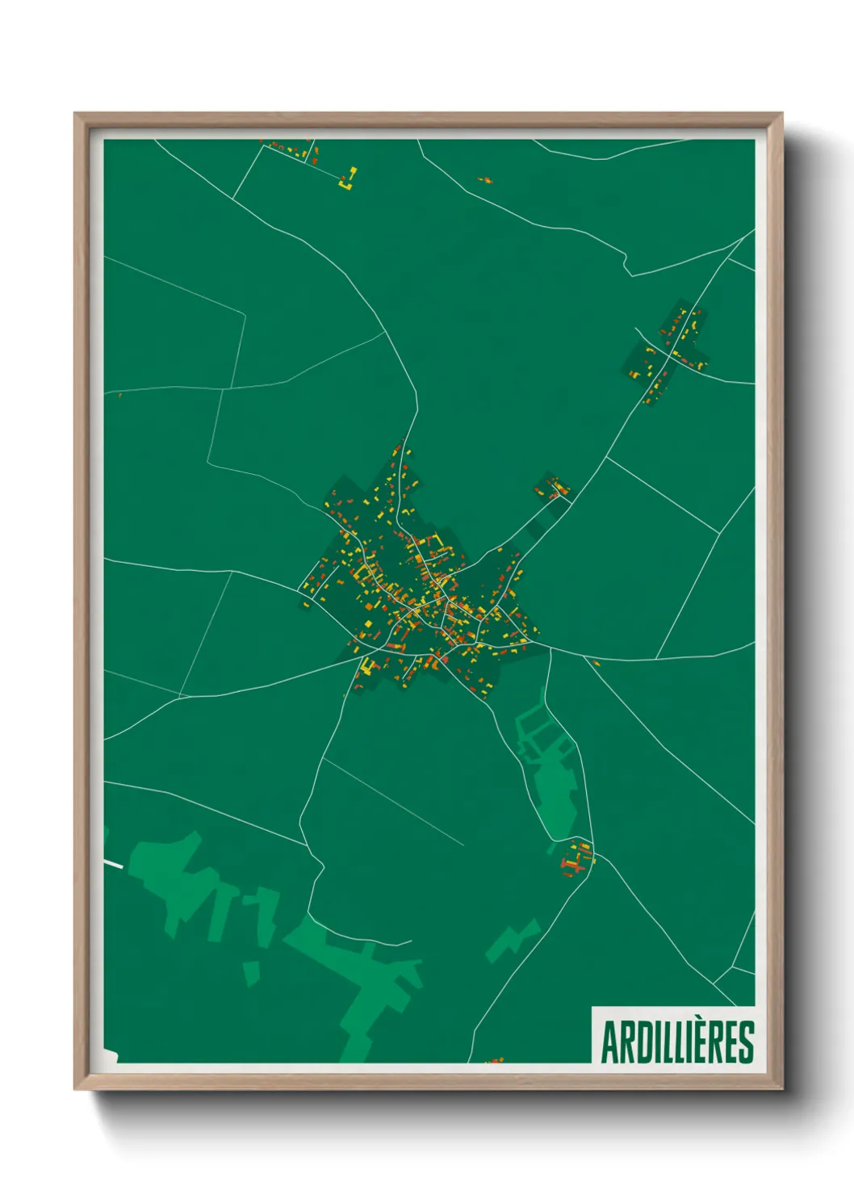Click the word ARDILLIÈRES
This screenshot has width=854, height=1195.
coord(677,1042)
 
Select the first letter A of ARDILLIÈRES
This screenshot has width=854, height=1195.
coord(609,1043)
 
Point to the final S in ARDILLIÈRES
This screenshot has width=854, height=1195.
coord(746,1043)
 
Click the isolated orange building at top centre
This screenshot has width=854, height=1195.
coord(484,180)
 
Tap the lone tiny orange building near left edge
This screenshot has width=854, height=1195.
coord(119,395)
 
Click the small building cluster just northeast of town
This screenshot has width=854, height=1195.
coord(553,488)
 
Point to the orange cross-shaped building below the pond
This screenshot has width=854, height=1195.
coord(576,858)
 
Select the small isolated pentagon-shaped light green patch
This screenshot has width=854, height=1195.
coord(252,971)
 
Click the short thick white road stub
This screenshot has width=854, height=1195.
coord(113,864)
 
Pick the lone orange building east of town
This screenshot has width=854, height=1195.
coord(596,663)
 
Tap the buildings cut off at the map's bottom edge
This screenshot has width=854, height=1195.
coord(495,1060)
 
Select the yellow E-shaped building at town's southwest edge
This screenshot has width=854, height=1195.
coord(367,666)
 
